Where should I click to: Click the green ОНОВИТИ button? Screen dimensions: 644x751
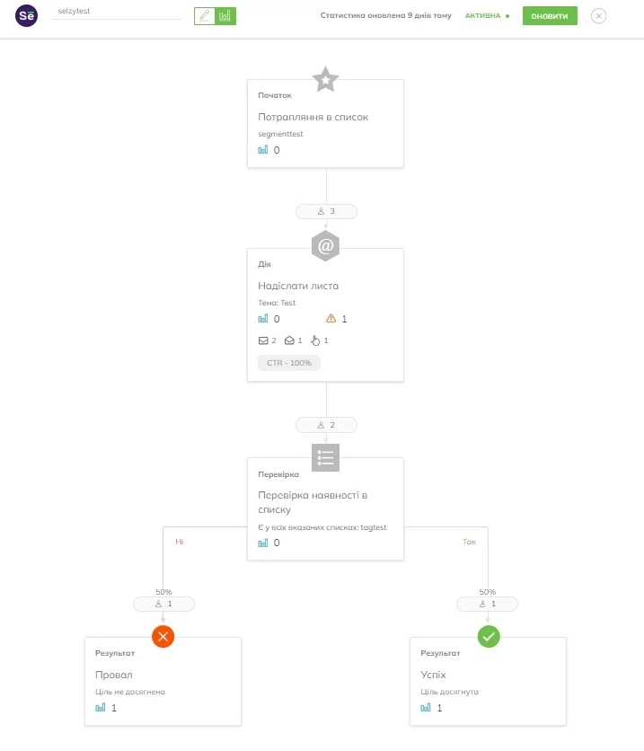[550, 16]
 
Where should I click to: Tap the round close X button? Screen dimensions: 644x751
[598, 16]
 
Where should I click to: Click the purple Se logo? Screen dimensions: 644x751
[26, 15]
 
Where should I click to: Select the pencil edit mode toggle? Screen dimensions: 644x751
[205, 16]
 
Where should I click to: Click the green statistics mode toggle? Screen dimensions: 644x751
[225, 16]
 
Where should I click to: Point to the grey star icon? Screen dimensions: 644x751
[325, 79]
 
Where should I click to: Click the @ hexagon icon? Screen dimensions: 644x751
[325, 246]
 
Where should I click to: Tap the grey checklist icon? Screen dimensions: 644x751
[325, 457]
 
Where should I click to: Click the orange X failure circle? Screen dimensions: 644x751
[163, 637]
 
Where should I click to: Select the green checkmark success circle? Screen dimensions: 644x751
[489, 637]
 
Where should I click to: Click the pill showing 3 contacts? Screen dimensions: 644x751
[326, 211]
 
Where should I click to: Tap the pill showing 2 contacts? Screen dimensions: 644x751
[326, 425]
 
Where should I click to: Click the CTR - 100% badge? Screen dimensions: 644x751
[289, 363]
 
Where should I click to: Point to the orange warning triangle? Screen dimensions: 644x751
[331, 318]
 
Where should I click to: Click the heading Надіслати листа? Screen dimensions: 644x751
[298, 286]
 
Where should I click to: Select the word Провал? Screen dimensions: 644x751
[114, 675]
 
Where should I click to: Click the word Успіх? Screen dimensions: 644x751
[433, 675]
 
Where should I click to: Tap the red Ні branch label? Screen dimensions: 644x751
[180, 542]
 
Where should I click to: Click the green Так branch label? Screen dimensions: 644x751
[469, 542]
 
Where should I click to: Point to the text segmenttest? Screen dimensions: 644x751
[280, 134]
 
